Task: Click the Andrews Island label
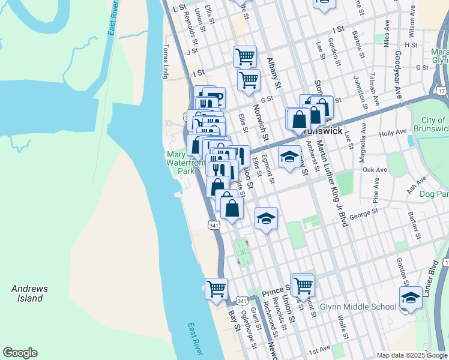(29, 293)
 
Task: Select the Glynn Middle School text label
(358, 307)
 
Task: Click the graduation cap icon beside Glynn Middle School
(410, 297)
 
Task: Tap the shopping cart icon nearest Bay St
(216, 288)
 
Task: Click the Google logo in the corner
(20, 353)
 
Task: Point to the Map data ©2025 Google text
(411, 355)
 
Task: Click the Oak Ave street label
(375, 170)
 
